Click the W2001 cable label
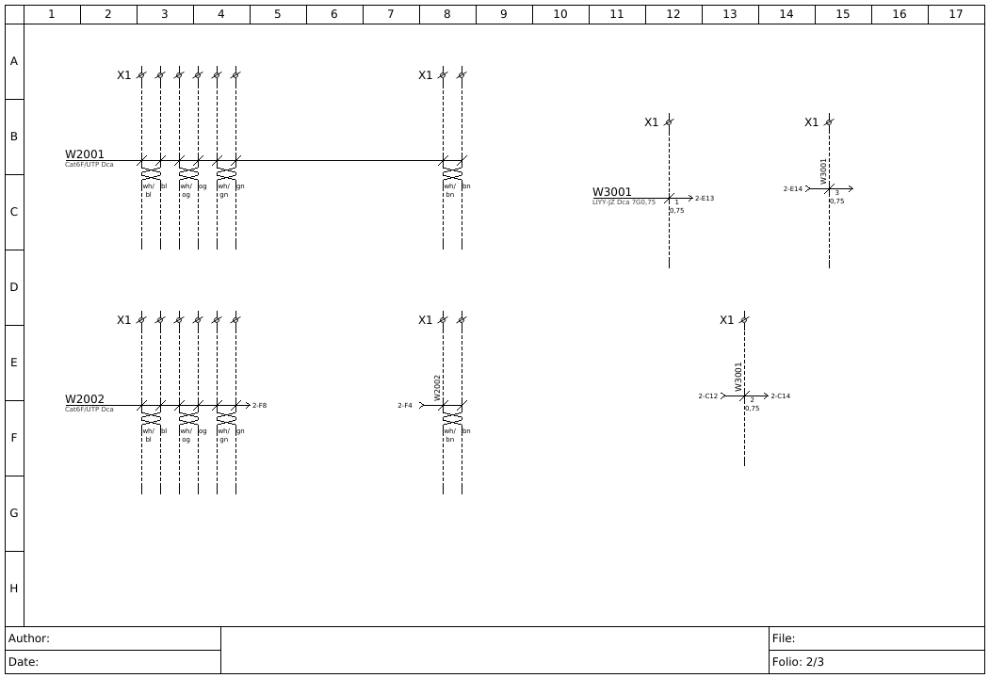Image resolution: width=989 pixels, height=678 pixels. [x=85, y=154]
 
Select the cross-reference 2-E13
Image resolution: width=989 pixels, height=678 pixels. [x=705, y=199]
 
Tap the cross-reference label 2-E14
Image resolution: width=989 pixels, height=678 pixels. [x=792, y=189]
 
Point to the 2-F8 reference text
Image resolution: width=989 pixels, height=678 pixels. [x=259, y=406]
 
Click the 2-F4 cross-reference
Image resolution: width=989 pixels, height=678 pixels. [x=405, y=406]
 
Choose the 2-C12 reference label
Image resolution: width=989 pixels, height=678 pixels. [x=707, y=396]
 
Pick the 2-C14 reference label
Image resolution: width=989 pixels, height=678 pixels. [x=781, y=396]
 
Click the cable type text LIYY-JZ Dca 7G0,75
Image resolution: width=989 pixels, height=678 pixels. [x=624, y=202]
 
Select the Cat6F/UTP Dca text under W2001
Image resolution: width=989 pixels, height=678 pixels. [x=89, y=165]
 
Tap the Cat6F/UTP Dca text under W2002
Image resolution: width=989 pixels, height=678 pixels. [x=89, y=410]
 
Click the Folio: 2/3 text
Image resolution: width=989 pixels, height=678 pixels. [x=798, y=662]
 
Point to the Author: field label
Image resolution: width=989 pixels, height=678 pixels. [x=29, y=638]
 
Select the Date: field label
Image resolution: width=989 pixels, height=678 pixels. [x=24, y=662]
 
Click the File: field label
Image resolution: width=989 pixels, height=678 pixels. [x=784, y=638]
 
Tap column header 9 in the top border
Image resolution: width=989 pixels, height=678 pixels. [x=504, y=14]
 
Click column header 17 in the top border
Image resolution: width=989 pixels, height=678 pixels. [x=956, y=14]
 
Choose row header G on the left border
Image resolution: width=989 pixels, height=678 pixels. [x=14, y=513]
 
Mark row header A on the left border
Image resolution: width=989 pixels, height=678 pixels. [x=14, y=61]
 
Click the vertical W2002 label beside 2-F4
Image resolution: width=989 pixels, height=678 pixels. [x=437, y=387]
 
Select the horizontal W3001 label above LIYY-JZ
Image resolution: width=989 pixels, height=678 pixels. [x=612, y=192]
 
